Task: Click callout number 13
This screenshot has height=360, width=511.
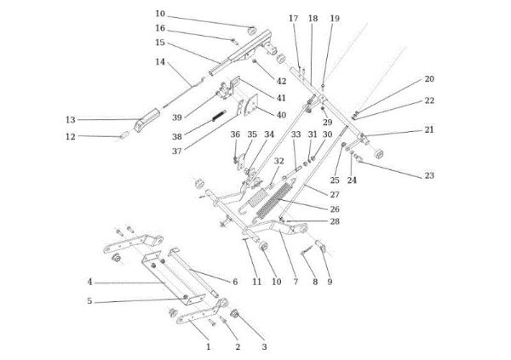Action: [71, 119]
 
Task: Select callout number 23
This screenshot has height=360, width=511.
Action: [428, 175]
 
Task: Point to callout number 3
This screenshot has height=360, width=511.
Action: [264, 346]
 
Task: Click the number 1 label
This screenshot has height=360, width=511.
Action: [208, 346]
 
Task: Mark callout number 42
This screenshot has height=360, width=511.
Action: [281, 82]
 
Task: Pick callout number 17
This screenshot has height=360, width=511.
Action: [293, 18]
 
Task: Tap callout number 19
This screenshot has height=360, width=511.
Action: [334, 18]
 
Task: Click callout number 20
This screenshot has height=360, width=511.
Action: [429, 78]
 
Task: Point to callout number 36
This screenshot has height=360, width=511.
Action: [235, 134]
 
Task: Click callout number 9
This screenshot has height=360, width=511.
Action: [329, 281]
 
